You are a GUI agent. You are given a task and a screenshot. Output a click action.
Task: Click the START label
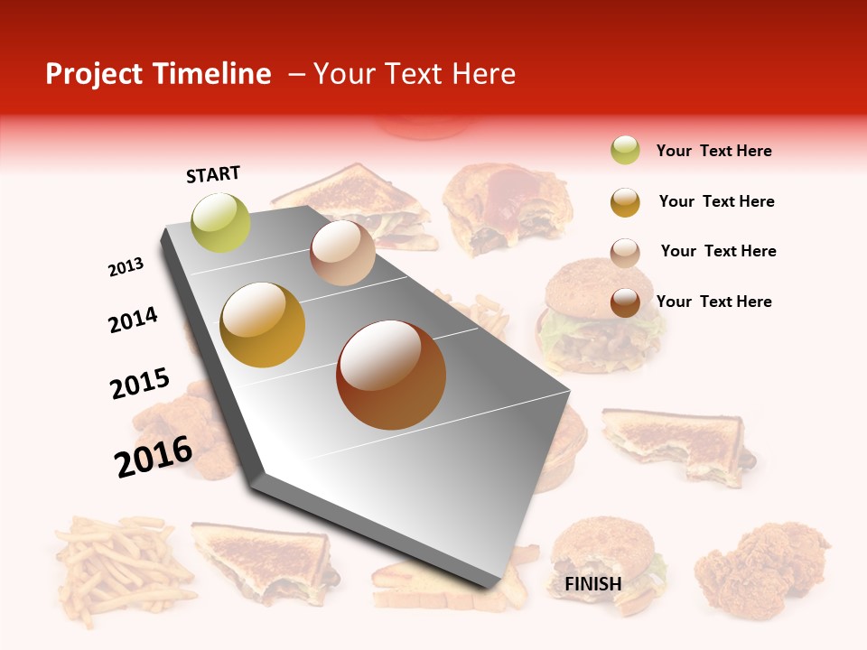tap(213, 174)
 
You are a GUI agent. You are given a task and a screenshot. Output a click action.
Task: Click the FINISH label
tap(593, 584)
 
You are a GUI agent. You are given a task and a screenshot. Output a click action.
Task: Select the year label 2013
tap(126, 267)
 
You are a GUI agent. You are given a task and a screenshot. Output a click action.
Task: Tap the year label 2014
tap(133, 320)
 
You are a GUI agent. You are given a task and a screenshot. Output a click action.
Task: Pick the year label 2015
tap(140, 384)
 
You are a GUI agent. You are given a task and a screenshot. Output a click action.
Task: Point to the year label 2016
tap(154, 456)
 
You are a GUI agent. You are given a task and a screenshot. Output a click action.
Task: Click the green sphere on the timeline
tap(220, 222)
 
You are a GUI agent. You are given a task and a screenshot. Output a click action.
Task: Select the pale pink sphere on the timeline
tap(342, 253)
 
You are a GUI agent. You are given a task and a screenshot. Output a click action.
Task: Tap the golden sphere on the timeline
tap(263, 325)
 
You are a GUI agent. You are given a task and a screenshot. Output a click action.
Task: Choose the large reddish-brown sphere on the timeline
tap(391, 375)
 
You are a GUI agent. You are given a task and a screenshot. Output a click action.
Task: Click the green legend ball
tap(625, 151)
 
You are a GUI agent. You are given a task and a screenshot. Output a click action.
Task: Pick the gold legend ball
tap(625, 202)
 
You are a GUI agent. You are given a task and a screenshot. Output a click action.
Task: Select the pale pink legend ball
tap(625, 252)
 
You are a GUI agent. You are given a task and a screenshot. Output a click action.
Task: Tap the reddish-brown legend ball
tap(625, 302)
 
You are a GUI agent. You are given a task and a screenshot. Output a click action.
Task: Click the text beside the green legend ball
tap(713, 151)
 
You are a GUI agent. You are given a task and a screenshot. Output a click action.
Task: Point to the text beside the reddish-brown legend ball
tap(713, 302)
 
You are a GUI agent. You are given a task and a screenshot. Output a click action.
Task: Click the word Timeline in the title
tap(212, 74)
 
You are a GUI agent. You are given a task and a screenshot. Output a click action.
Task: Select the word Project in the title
tap(95, 74)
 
